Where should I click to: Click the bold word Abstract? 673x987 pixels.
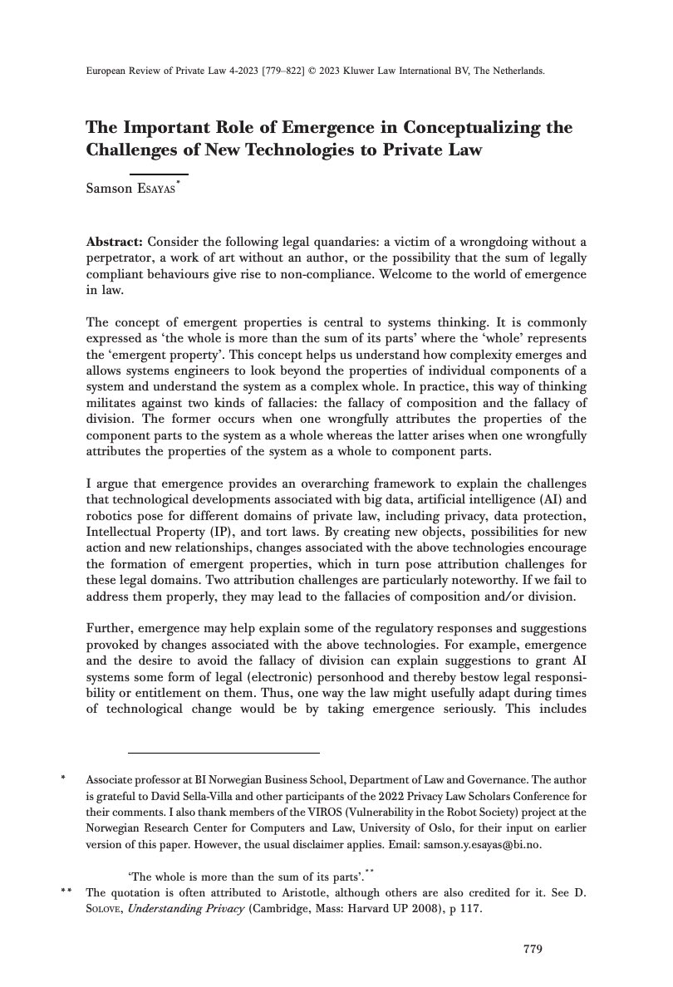(115, 242)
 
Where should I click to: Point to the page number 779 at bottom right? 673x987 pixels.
(533, 949)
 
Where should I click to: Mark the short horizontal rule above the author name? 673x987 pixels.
(159, 174)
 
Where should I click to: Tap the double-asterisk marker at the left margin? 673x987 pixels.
(65, 894)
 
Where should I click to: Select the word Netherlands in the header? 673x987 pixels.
(519, 71)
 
